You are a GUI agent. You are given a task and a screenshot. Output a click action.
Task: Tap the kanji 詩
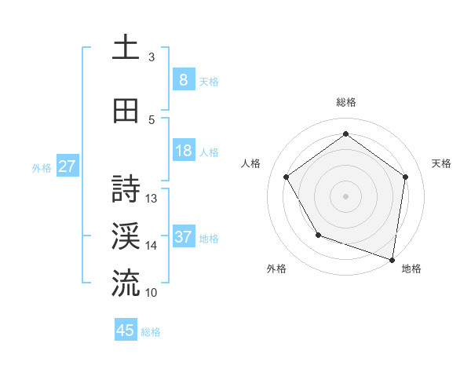[x=126, y=188]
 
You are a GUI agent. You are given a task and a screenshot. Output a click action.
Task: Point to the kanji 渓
[x=126, y=236]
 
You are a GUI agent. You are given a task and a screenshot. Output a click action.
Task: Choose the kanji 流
[x=126, y=283]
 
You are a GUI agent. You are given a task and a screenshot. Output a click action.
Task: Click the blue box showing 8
[x=183, y=80]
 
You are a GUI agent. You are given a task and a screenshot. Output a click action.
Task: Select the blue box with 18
[x=183, y=152]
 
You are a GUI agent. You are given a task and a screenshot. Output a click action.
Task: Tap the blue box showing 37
[x=183, y=237]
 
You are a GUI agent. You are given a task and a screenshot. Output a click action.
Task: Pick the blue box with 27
[x=68, y=166]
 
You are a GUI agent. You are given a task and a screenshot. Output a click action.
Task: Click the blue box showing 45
[x=126, y=331]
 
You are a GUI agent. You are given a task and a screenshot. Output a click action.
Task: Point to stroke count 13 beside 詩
[x=152, y=199]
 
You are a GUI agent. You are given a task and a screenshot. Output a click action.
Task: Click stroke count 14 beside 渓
[x=152, y=246]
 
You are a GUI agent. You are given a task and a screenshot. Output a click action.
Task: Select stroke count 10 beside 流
[x=152, y=293]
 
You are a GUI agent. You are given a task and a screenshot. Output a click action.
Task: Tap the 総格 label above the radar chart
[x=346, y=102]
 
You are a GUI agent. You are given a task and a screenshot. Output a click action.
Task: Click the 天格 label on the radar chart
[x=442, y=163]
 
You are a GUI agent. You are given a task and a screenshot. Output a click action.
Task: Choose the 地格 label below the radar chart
[x=411, y=269]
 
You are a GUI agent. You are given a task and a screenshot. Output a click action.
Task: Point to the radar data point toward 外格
[x=318, y=235]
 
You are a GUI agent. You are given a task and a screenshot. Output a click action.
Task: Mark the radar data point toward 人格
[x=286, y=177]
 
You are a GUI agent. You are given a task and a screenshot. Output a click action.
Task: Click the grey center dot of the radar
[x=346, y=195]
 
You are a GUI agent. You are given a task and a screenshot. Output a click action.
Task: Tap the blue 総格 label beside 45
[x=151, y=332]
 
